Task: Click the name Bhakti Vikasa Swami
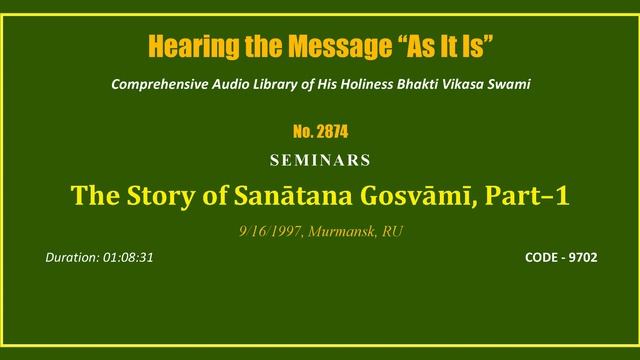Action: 462,84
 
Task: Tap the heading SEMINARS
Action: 320,160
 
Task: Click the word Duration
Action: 72,257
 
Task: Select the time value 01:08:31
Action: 127,257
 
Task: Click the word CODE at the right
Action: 542,257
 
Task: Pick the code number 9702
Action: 585,257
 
